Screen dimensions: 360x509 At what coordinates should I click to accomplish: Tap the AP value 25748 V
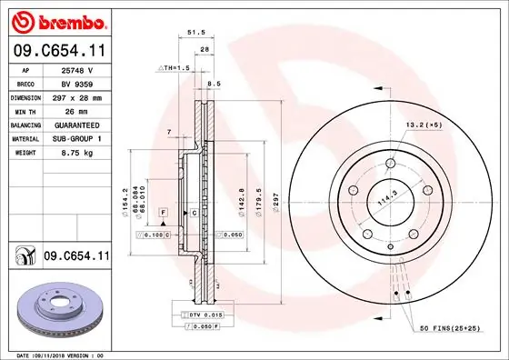[x=75, y=69]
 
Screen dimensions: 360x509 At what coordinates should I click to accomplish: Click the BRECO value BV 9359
[x=75, y=83]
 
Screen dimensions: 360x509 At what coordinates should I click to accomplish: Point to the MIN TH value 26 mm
[x=75, y=110]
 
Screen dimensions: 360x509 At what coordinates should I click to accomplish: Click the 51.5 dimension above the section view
[x=193, y=32]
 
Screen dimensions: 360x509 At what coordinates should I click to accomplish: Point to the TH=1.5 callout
[x=174, y=68]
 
